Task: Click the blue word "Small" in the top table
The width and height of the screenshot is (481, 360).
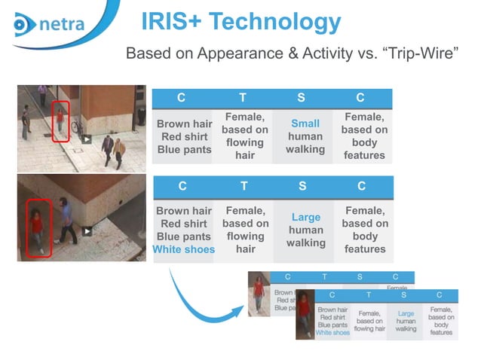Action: [x=305, y=124]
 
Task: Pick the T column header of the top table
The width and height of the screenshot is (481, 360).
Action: [x=243, y=98]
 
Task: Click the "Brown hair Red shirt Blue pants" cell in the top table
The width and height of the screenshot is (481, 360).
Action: [x=182, y=136]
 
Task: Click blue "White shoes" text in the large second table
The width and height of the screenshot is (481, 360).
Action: [x=183, y=249]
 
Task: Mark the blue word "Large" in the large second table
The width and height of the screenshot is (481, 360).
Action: [x=305, y=218]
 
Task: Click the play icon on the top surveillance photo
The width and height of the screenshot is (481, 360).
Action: [x=87, y=139]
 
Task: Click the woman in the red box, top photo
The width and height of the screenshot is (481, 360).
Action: [x=60, y=121]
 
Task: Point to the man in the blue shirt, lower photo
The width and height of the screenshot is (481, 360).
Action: [x=66, y=219]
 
